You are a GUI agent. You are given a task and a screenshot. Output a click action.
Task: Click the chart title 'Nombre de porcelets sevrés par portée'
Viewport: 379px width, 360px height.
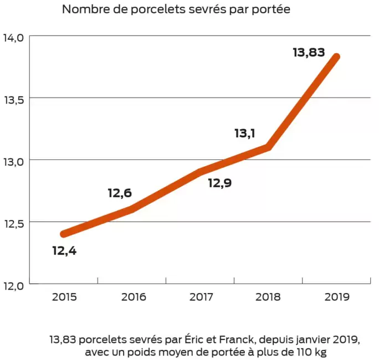tap(176, 10)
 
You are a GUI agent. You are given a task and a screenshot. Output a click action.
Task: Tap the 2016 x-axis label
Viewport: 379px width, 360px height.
tap(132, 297)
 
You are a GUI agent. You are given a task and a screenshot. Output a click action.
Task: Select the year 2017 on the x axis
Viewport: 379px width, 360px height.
tap(201, 297)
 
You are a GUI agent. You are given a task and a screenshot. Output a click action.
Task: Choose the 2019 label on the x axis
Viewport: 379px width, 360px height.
tap(337, 297)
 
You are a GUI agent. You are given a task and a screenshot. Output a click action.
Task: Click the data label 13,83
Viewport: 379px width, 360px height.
tap(308, 53)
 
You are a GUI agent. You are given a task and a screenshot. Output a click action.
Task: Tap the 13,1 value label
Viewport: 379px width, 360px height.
tap(244, 133)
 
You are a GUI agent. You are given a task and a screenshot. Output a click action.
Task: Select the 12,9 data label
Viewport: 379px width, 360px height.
tap(219, 183)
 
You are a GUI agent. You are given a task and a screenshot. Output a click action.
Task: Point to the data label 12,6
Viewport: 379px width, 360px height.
tap(120, 193)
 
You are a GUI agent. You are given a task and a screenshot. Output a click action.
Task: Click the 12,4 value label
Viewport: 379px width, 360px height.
tap(64, 251)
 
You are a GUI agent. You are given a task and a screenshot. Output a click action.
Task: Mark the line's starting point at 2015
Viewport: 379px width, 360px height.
tap(64, 234)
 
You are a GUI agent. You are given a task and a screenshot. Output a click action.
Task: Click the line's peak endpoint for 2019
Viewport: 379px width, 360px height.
tap(336, 56)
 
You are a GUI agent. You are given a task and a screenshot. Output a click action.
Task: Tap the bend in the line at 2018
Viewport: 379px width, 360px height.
tap(268, 147)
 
